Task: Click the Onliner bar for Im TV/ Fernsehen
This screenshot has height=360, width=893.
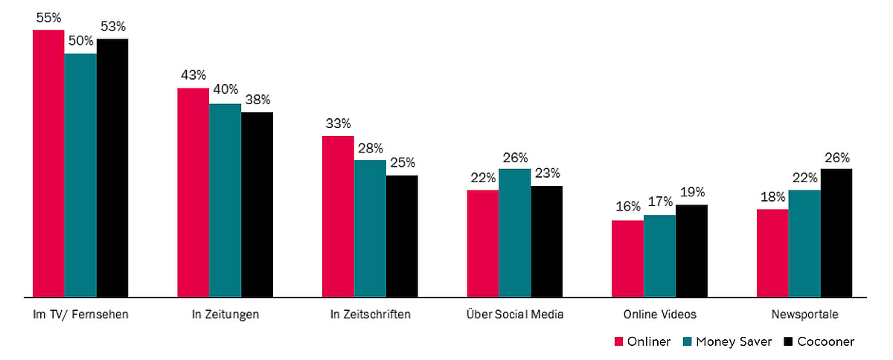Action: pos(48,164)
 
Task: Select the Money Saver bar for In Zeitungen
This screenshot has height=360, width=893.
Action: pos(225,201)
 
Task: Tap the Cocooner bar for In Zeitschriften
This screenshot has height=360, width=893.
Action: pos(402,237)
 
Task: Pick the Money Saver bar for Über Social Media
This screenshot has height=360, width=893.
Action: pos(514,233)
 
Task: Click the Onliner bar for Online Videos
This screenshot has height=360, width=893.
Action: pos(627,259)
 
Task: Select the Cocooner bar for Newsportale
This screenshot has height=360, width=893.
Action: pos(836,233)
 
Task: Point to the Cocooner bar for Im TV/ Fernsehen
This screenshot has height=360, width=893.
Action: pos(112,168)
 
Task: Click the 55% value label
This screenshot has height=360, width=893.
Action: pos(48,18)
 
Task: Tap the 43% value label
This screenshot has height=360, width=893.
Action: pos(193,75)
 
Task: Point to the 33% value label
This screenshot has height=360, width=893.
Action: pos(338,123)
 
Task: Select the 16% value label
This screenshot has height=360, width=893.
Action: pos(627,208)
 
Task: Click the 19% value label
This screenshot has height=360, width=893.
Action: pos(691,192)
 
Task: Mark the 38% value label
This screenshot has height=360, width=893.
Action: pos(257,100)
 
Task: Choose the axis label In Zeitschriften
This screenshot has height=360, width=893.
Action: pos(370,315)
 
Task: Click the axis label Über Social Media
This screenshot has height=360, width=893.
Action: pos(513,315)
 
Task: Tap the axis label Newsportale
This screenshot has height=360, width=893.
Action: pos(804,315)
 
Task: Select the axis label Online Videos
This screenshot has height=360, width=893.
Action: pos(659,315)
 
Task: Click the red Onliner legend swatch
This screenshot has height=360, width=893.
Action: pos(618,342)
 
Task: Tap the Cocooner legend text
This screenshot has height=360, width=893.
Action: pos(825,342)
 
